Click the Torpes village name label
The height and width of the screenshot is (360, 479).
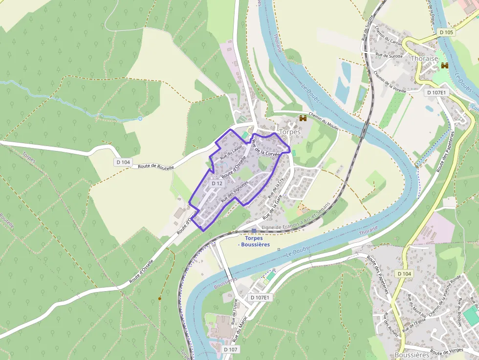pos(289,131)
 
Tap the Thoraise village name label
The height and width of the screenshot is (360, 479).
pos(425,58)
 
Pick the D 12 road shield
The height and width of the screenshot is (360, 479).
pos(217,184)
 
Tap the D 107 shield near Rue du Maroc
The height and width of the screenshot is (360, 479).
pos(231,349)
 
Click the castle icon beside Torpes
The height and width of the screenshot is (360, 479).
pos(303,118)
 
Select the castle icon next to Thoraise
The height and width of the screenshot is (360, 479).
pos(444,65)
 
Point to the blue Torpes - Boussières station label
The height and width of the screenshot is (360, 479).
pos(254,241)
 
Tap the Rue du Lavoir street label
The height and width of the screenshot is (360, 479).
pos(231,153)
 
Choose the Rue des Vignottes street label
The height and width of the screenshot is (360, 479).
pos(235,191)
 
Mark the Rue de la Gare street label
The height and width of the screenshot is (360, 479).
pos(273,208)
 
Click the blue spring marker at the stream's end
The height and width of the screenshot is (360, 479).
pos(140,118)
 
